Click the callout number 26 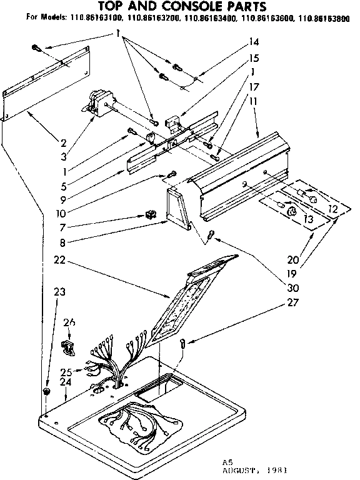(x=69, y=322)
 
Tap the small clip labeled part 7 (x=149, y=215)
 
